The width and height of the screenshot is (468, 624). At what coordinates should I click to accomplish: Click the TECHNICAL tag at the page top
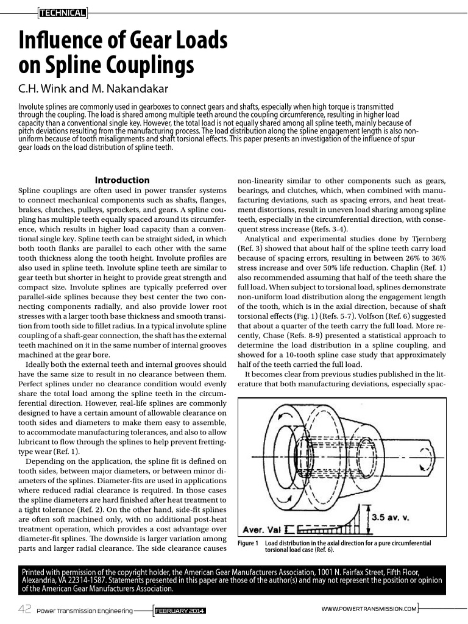coord(62,12)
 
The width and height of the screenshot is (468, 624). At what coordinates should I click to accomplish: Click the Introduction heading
coord(122,180)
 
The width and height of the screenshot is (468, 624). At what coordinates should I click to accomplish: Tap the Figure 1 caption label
coord(247,543)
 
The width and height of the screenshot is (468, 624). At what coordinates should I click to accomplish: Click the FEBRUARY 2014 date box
coord(180,610)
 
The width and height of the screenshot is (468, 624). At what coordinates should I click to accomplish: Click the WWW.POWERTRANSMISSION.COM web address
coord(369,609)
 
